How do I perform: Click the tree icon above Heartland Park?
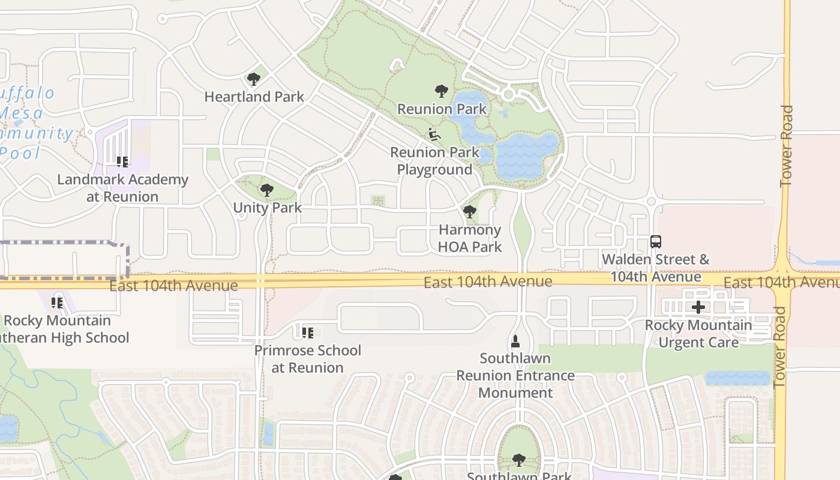click(254, 79)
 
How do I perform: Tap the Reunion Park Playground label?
click(434, 161)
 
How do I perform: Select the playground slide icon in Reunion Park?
click(434, 134)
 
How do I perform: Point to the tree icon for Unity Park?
click(267, 190)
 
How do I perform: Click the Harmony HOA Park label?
click(470, 238)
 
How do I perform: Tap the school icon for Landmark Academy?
click(122, 161)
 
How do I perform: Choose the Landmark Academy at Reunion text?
click(122, 188)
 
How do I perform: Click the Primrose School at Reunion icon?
click(308, 332)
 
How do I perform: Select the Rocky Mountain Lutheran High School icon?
click(57, 302)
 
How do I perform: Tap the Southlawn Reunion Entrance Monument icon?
click(515, 341)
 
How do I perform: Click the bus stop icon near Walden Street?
click(656, 242)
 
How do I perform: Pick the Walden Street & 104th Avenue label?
click(655, 268)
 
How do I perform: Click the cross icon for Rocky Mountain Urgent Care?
click(698, 307)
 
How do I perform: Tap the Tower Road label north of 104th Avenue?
click(787, 145)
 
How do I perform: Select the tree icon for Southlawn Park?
click(519, 460)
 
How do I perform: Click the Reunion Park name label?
click(442, 109)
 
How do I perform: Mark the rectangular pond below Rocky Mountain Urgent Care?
click(737, 378)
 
